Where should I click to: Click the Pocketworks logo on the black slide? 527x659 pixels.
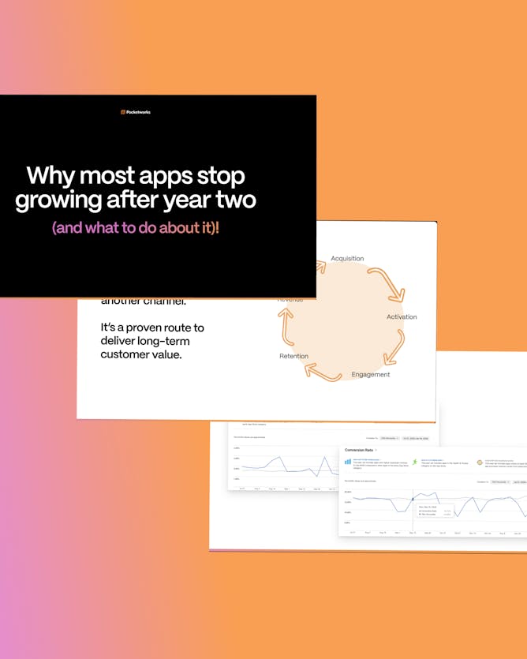click(136, 112)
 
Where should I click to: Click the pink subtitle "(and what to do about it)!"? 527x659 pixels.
click(135, 228)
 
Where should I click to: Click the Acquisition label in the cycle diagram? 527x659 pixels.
click(347, 259)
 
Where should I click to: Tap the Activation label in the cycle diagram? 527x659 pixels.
click(402, 317)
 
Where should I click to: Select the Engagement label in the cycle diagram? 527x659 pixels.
click(371, 374)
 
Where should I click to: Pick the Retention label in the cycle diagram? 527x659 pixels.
click(294, 356)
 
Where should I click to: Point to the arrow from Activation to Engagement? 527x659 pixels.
click(394, 347)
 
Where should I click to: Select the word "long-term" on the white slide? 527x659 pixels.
click(163, 341)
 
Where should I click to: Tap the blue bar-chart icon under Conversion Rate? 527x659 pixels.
click(347, 462)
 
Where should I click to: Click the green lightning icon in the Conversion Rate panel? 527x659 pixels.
click(414, 462)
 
